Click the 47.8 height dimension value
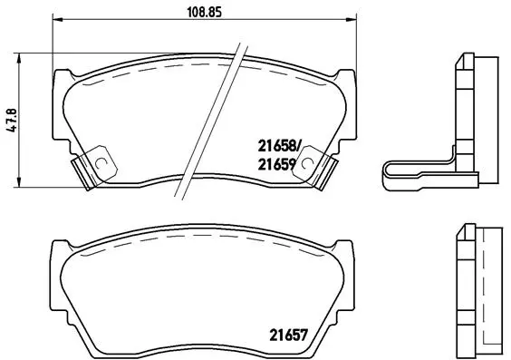pyautogui.click(x=12, y=120)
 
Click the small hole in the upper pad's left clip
pyautogui.click(x=101, y=164)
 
